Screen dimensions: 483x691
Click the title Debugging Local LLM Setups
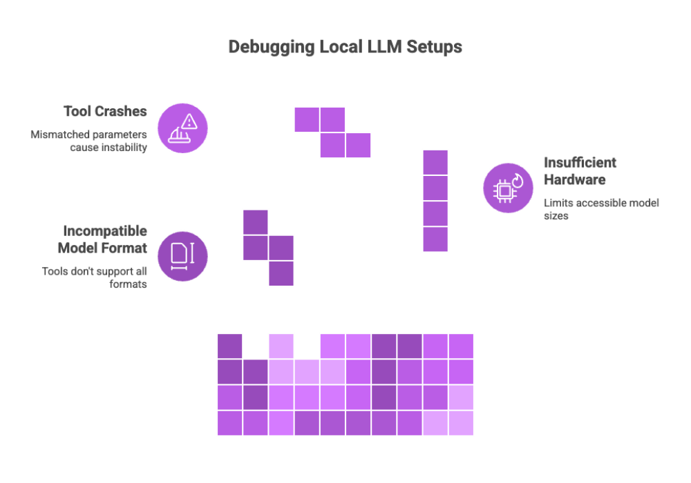[x=345, y=48]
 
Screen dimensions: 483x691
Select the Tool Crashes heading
[x=105, y=112]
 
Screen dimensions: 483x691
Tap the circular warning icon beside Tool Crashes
[x=182, y=128]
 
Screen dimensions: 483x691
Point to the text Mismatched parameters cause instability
[x=88, y=141]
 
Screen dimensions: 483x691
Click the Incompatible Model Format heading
[x=104, y=239]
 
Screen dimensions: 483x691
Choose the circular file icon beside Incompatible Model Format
[x=182, y=256]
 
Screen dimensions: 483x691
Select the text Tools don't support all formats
[x=94, y=277]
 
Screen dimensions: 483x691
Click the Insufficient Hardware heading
[x=580, y=172]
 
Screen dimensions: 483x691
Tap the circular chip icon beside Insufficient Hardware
[x=508, y=188]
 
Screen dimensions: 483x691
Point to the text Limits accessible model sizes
[x=601, y=209]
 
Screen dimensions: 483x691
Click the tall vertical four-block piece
[x=435, y=200]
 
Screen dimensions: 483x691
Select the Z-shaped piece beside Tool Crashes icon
[x=332, y=132]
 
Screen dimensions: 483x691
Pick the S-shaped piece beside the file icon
[x=268, y=248]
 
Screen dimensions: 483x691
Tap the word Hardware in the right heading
[x=575, y=180]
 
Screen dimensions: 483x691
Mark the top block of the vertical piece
[x=435, y=161]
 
